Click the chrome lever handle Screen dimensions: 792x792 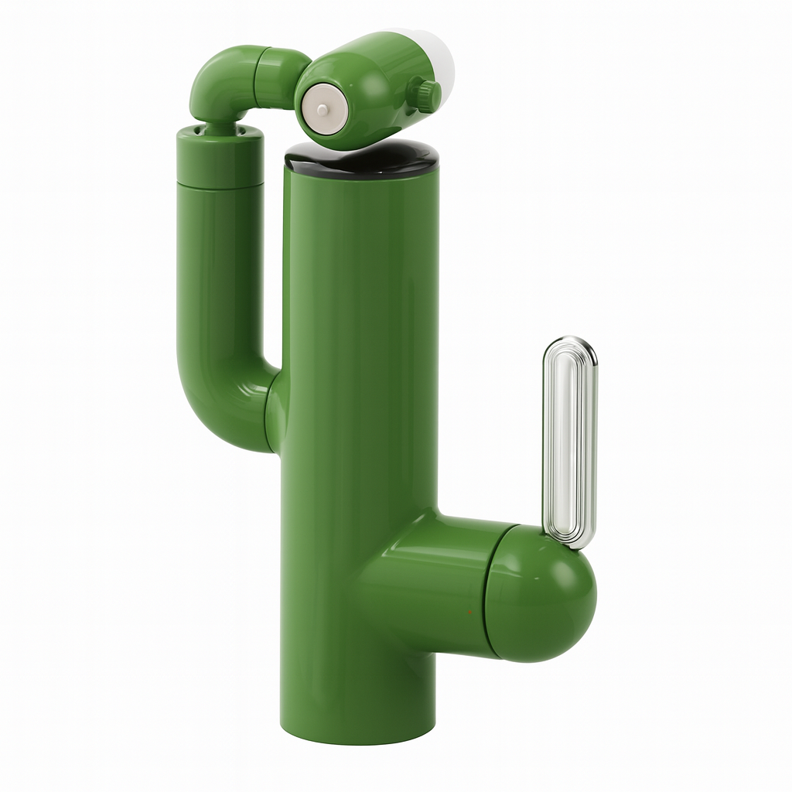(x=570, y=441)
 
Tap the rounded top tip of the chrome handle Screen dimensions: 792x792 (x=571, y=343)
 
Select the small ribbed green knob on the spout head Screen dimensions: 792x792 (x=425, y=94)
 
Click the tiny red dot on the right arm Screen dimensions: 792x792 (x=469, y=611)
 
